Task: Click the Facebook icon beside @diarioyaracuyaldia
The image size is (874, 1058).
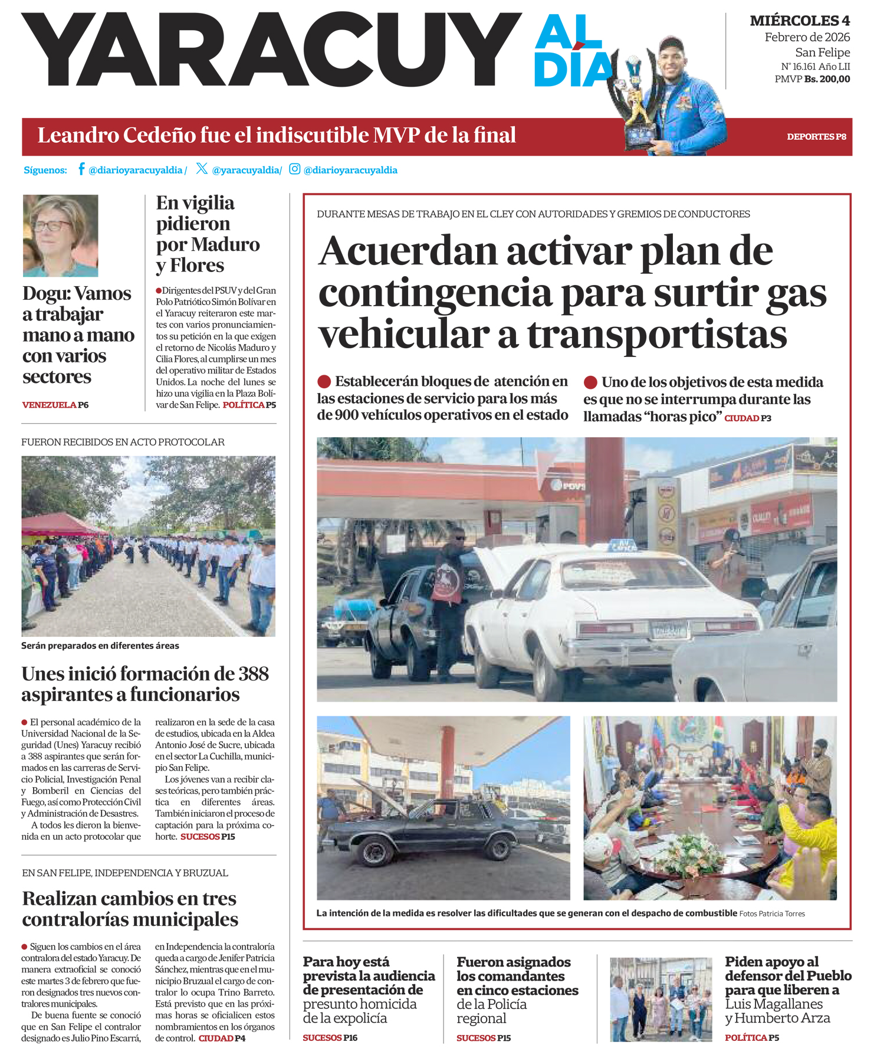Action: [81, 169]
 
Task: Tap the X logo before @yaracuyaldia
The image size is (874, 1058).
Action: [202, 169]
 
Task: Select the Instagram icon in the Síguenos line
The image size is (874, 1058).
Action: [295, 169]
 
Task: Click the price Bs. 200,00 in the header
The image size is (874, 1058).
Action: [827, 79]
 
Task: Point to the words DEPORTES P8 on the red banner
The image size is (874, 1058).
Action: [816, 137]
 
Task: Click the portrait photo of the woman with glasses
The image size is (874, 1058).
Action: [61, 235]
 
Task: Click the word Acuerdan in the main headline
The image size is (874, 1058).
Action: [408, 251]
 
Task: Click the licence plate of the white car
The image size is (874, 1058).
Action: [669, 631]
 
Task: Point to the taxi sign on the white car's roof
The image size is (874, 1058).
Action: [623, 545]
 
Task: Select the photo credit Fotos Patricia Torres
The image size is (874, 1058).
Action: [772, 913]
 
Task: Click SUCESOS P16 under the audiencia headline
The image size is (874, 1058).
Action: [330, 1038]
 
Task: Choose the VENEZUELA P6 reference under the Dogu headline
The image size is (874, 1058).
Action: [55, 405]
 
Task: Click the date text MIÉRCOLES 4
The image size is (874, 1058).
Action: [800, 21]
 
